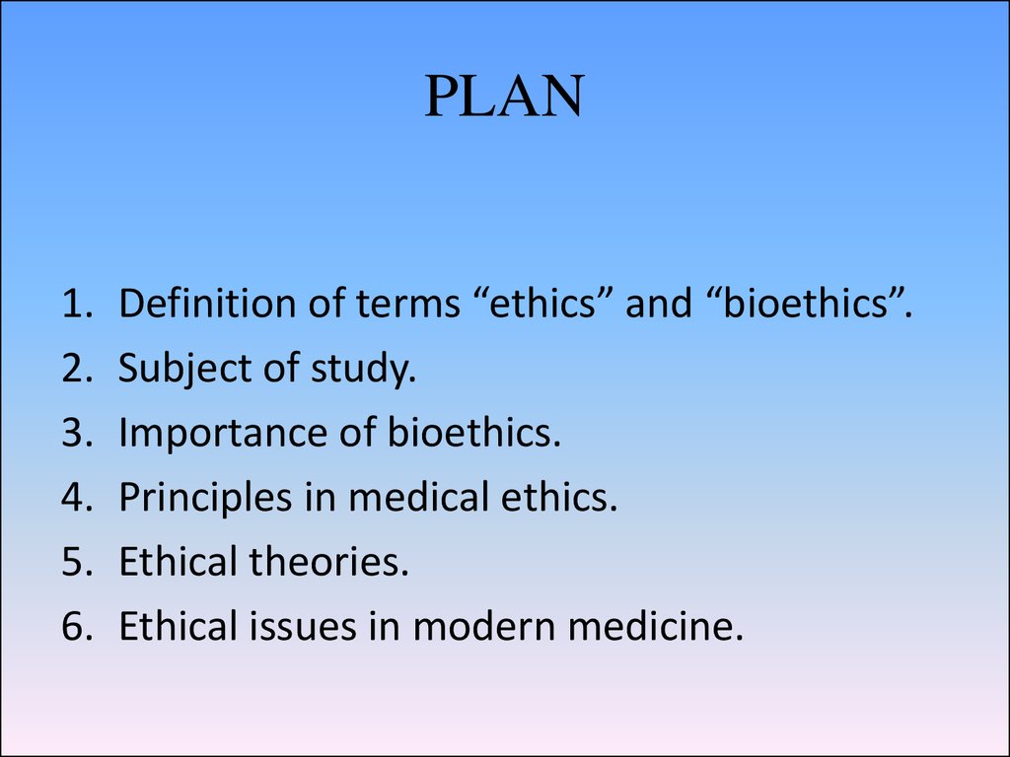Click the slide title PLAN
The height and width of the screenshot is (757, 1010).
[504, 96]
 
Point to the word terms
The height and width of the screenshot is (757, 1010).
[408, 304]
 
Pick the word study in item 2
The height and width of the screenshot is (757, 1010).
[363, 370]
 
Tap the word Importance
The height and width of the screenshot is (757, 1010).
[223, 433]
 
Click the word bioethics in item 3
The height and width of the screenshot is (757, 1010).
[474, 432]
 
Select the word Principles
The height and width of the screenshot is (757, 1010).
[205, 498]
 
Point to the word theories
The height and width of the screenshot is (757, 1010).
[329, 561]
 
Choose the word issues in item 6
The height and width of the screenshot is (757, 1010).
[303, 626]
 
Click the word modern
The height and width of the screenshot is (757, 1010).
[484, 627]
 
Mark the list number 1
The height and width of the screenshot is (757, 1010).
[77, 304]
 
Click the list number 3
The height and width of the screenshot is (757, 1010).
[77, 433]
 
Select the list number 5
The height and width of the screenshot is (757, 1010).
[77, 561]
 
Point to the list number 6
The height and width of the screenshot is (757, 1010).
[77, 626]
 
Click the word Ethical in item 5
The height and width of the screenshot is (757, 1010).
[179, 561]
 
